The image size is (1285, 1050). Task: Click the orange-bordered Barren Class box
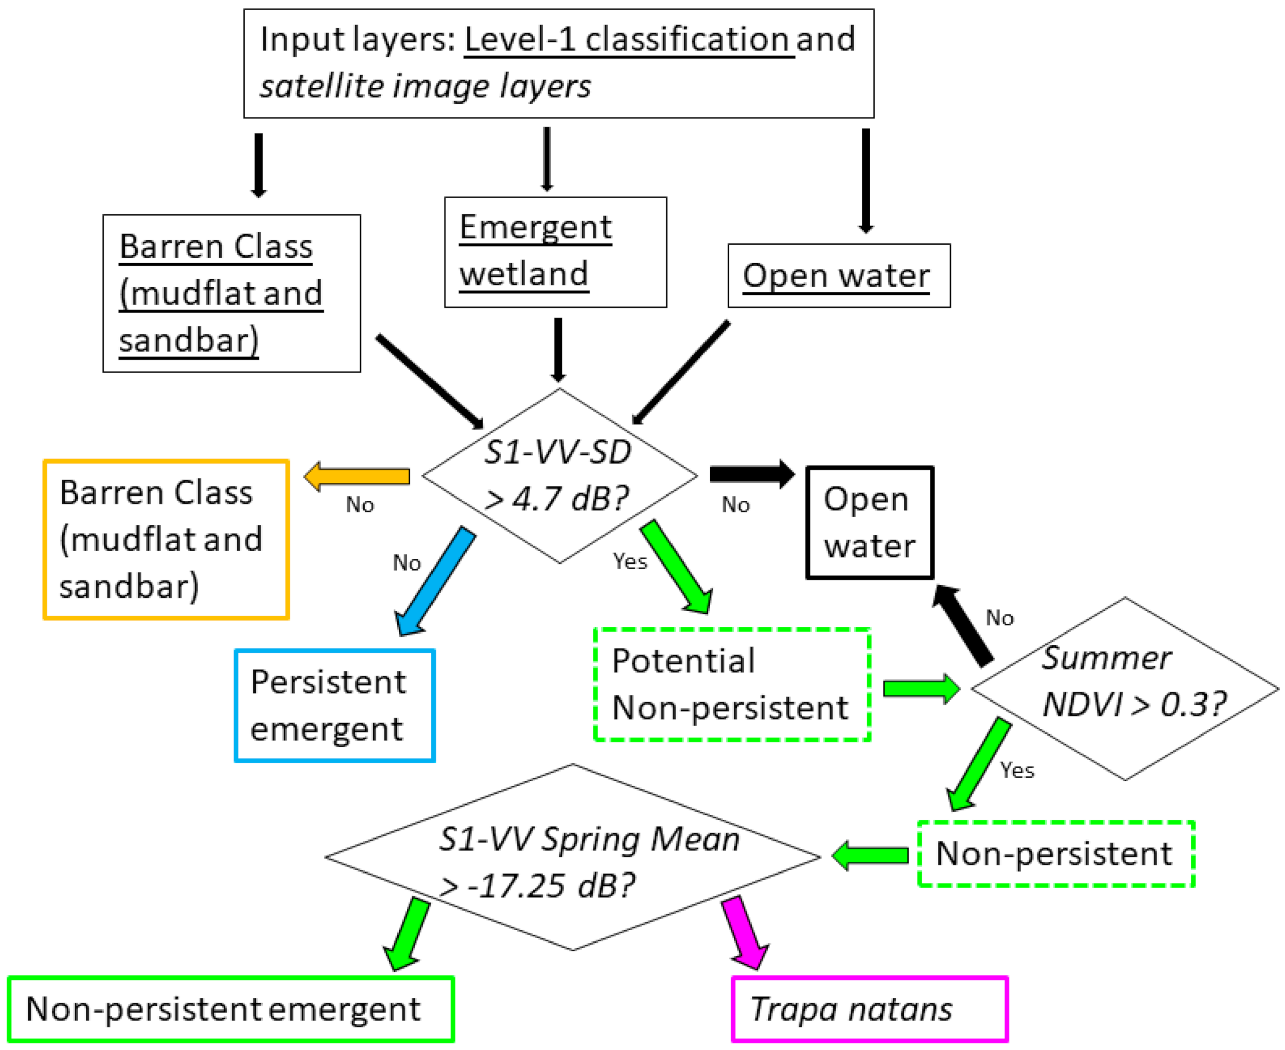tap(166, 540)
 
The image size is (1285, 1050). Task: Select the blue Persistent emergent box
tap(335, 705)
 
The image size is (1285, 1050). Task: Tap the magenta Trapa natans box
tap(869, 1009)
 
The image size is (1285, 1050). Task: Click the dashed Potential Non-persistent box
tap(732, 684)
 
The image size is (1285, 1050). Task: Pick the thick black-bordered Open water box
tap(869, 522)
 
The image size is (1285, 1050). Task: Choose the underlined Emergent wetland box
tap(555, 252)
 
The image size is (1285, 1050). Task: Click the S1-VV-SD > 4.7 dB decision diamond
tap(559, 476)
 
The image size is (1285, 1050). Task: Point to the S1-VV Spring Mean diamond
tap(572, 857)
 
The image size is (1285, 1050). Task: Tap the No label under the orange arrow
tap(360, 504)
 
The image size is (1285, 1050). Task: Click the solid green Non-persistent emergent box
tap(231, 1009)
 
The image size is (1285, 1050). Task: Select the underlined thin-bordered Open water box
tap(839, 276)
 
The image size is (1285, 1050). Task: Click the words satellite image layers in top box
tap(425, 86)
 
